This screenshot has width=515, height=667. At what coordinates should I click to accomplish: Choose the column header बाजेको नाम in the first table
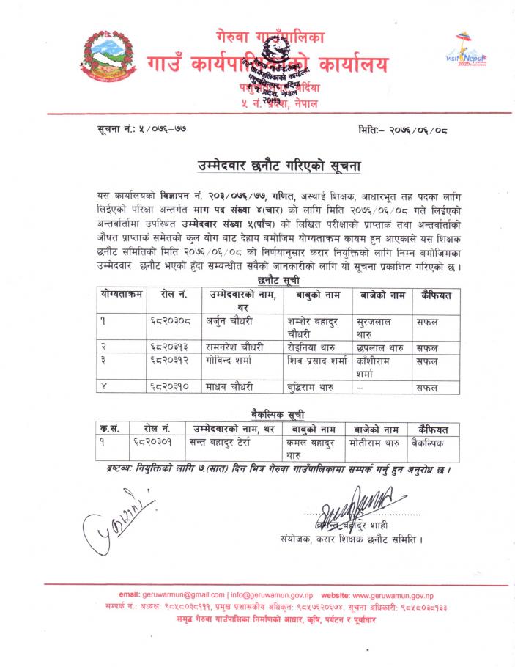pos(382,294)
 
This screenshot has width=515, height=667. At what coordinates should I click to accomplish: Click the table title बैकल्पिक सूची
pos(278,414)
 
